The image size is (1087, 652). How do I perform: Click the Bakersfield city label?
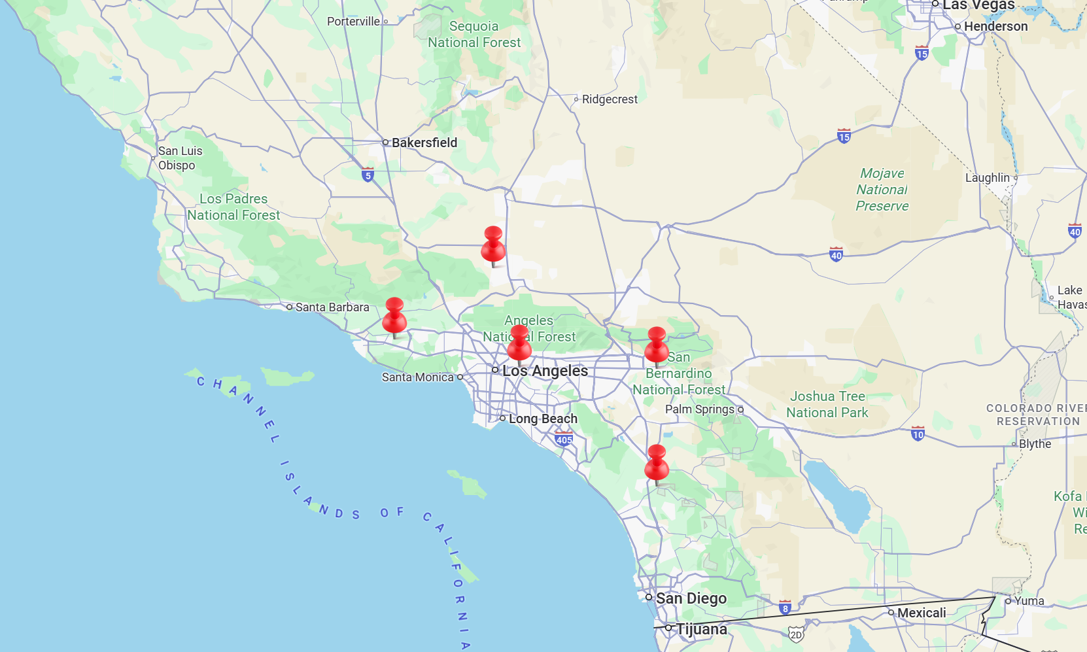click(424, 143)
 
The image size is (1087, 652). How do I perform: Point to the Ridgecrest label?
click(610, 99)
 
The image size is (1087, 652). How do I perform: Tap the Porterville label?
click(353, 22)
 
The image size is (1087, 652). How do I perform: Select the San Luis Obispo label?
click(180, 158)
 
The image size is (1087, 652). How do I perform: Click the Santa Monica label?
click(418, 377)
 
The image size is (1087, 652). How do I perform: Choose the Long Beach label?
click(543, 419)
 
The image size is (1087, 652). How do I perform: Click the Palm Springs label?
click(700, 409)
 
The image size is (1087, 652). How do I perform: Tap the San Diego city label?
click(691, 598)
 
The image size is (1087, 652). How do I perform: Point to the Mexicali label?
click(921, 613)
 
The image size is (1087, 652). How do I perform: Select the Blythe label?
click(1035, 444)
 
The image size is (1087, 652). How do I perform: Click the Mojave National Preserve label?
click(882, 190)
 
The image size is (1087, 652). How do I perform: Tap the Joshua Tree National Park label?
click(827, 404)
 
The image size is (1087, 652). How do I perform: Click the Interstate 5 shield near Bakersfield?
click(368, 175)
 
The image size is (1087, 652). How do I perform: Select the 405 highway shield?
click(564, 439)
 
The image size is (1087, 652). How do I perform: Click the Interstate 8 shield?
click(785, 608)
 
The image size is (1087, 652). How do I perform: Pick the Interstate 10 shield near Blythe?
click(918, 434)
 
